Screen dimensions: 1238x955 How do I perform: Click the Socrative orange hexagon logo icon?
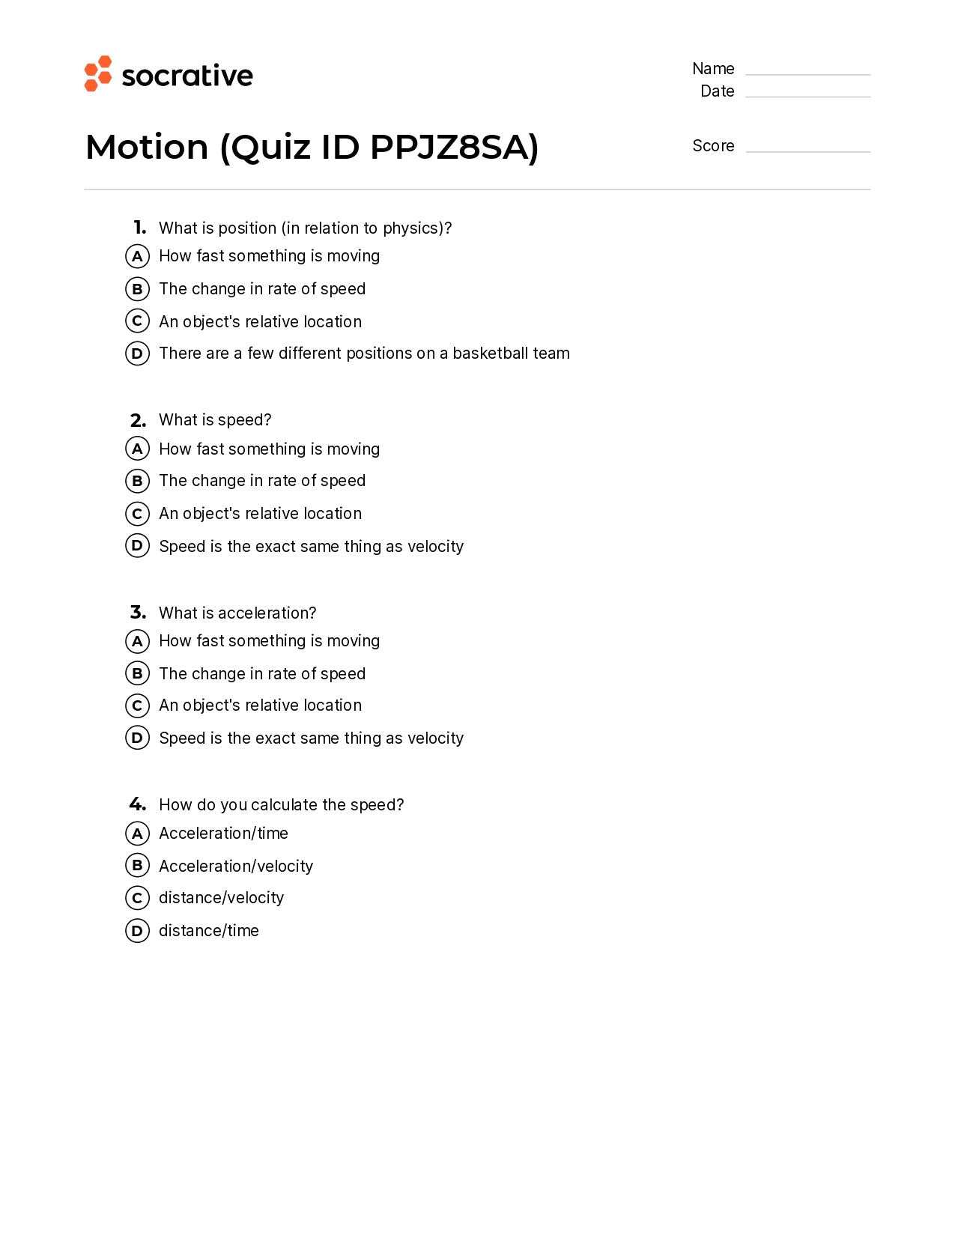coord(98,73)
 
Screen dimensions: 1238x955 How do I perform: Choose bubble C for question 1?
coord(137,321)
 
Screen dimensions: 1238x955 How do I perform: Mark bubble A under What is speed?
coord(137,449)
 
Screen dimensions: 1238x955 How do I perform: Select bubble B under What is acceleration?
coord(137,673)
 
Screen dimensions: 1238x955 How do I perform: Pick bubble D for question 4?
coord(137,931)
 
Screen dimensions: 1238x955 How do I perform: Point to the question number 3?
coord(138,613)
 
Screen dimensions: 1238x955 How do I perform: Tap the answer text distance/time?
coord(209,931)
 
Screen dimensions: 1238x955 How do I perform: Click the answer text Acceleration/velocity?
coord(236,867)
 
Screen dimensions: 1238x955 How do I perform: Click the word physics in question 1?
coord(413,228)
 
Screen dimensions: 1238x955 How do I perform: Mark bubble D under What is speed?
coord(137,546)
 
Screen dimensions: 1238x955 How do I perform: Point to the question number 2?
coord(138,420)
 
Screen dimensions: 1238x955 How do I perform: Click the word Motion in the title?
coord(147,147)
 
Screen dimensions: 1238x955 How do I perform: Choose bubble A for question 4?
coord(137,834)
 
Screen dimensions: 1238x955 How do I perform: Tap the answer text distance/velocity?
coord(222,898)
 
